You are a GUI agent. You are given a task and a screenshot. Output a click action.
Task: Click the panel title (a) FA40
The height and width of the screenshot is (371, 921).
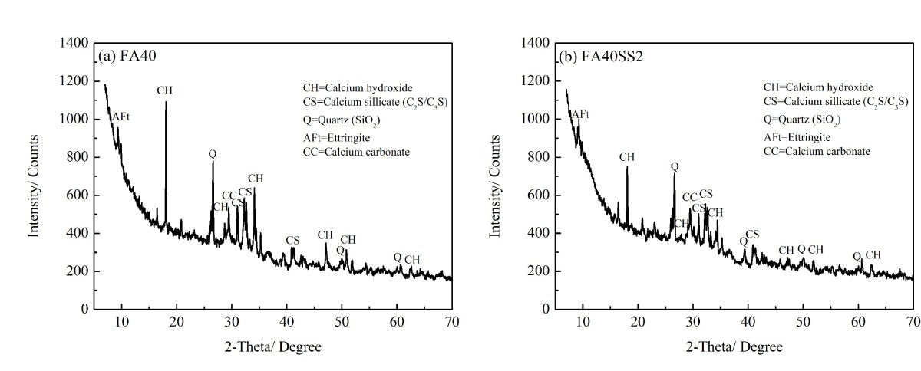click(127, 57)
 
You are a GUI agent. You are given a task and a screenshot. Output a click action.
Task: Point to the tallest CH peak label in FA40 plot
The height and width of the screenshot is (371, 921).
click(165, 90)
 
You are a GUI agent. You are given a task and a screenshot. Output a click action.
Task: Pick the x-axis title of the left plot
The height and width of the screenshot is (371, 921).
click(278, 347)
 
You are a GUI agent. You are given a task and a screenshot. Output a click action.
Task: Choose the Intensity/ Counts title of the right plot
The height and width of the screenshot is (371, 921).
click(497, 176)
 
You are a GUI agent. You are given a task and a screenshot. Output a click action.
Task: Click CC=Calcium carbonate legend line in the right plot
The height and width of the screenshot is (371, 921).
click(817, 151)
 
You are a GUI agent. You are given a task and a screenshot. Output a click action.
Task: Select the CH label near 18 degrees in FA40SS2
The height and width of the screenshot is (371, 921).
click(627, 157)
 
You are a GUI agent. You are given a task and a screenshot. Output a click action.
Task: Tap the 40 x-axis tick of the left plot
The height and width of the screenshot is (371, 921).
click(286, 320)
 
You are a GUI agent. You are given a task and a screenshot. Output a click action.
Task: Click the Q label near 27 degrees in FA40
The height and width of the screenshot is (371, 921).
click(213, 153)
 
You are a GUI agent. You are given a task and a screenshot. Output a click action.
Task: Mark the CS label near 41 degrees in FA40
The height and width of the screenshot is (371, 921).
click(292, 240)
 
